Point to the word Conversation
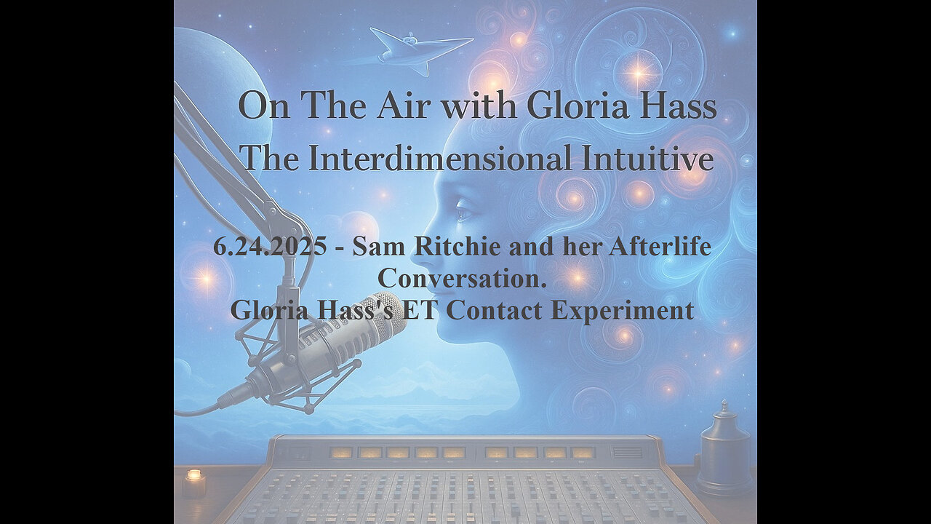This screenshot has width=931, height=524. click(x=461, y=277)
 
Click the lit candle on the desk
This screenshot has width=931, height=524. click(x=193, y=483)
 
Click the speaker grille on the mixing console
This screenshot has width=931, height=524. click(x=627, y=452)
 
